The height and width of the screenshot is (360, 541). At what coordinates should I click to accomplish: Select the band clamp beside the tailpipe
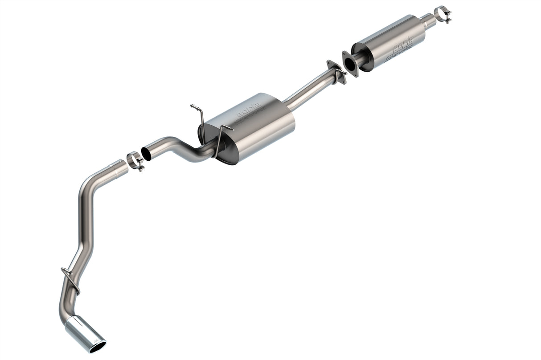[135, 161]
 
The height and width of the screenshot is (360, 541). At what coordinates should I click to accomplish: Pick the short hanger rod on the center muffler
[220, 138]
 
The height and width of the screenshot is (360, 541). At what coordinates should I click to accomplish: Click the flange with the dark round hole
[350, 63]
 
